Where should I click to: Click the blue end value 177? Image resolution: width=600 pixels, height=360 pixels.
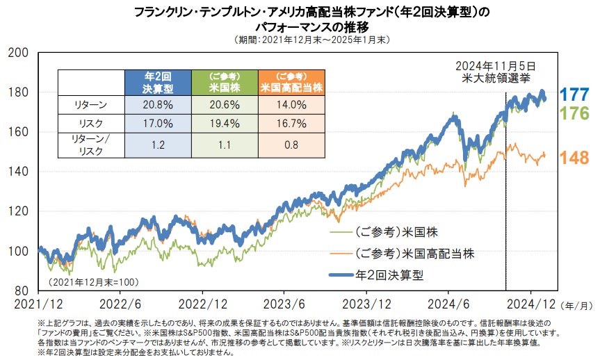pyautogui.click(x=574, y=95)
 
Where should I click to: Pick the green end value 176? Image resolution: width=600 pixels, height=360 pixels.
pyautogui.click(x=574, y=114)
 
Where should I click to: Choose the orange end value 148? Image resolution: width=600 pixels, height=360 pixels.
pyautogui.click(x=574, y=158)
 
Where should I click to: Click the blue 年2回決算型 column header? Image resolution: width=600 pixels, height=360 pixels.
pyautogui.click(x=158, y=83)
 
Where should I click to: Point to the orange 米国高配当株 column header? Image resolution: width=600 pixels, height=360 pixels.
pyautogui.click(x=291, y=83)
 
